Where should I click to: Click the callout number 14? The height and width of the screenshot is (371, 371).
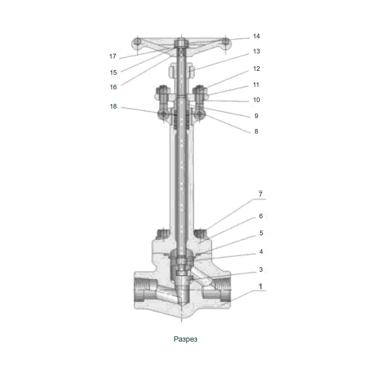(x=256, y=36)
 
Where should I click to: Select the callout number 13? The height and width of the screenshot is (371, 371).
(x=256, y=51)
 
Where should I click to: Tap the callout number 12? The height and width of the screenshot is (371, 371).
(x=256, y=69)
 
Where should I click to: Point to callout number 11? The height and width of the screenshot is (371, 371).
(x=256, y=84)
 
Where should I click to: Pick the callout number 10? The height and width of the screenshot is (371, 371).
(x=256, y=100)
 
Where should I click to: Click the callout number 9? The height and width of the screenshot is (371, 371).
(x=256, y=116)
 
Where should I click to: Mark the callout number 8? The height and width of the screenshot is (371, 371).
(x=256, y=131)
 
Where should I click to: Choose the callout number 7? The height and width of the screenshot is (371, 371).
(x=261, y=194)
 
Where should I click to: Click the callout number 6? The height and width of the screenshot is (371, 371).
(x=261, y=216)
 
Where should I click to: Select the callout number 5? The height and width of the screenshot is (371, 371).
(x=261, y=233)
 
